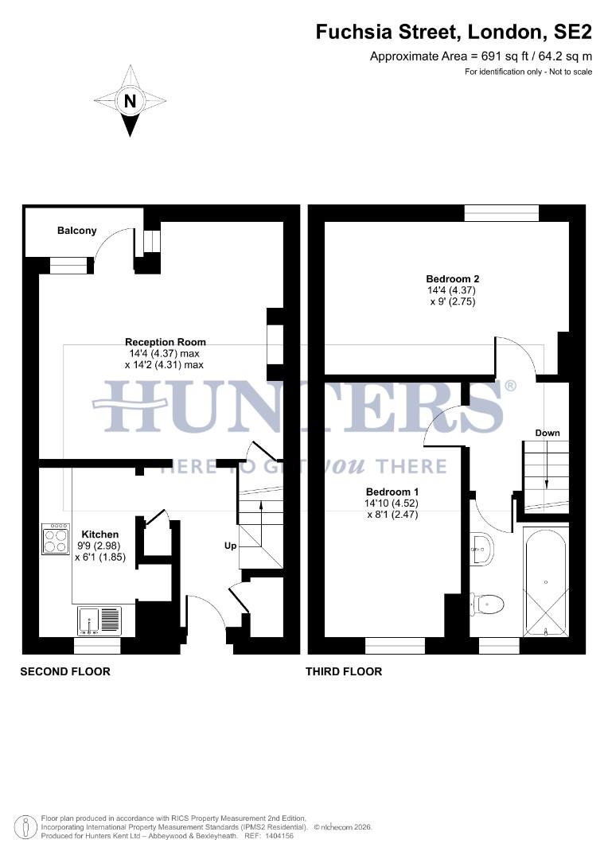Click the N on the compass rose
130,101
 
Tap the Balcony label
77,231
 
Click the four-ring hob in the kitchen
56,538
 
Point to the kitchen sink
99,620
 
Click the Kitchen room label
100,534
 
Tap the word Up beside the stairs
230,546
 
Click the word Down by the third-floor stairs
547,433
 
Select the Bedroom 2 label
453,278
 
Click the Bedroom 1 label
392,492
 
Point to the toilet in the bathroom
488,605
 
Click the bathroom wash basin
481,548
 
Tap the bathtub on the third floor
546,581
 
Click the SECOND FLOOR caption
65,671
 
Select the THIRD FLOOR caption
344,671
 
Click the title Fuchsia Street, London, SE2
454,32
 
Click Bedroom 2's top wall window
501,213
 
